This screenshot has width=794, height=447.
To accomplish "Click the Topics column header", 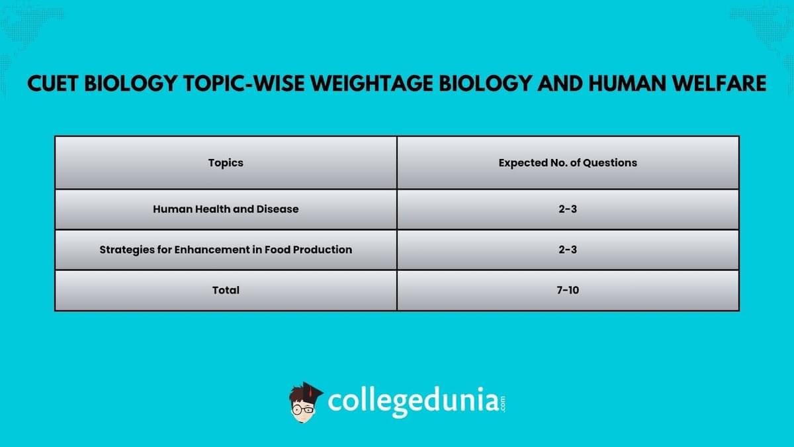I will point(226,163).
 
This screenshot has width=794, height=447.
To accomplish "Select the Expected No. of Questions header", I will point(568,163).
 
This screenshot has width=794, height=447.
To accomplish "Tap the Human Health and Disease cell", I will point(226,209).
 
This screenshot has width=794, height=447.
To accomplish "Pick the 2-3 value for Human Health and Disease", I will point(568,209).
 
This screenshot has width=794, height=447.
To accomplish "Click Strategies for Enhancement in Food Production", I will point(226,250).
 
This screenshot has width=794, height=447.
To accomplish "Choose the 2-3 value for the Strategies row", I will point(568,250).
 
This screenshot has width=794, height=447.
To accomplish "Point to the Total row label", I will point(226,290).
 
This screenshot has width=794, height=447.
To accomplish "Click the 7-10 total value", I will point(568,290).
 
